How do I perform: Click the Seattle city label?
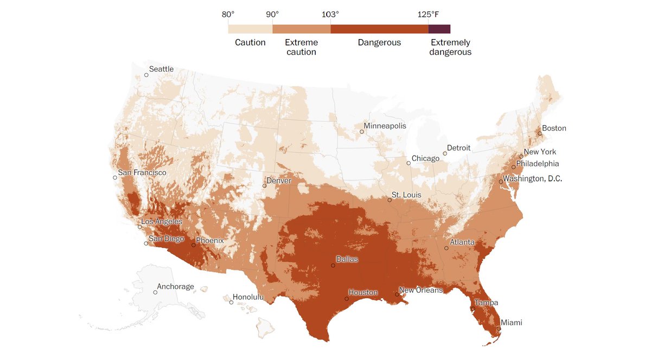click(161, 69)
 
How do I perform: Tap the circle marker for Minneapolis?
click(362, 132)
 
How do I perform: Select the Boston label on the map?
click(554, 128)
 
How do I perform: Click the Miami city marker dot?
click(499, 329)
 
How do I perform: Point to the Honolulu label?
click(248, 297)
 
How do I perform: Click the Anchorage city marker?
click(155, 292)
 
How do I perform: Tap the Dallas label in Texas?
click(347, 259)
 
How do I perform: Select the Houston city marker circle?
click(347, 299)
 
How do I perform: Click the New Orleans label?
click(420, 290)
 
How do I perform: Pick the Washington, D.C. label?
click(532, 178)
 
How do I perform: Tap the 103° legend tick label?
click(330, 14)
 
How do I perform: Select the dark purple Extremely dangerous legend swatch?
click(439, 29)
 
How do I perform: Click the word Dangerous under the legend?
click(379, 42)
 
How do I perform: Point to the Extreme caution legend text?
click(301, 47)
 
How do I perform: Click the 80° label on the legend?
click(228, 14)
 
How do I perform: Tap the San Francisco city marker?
click(114, 178)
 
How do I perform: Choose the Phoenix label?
click(209, 240)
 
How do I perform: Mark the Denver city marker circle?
click(265, 186)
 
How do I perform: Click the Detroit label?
click(458, 148)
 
